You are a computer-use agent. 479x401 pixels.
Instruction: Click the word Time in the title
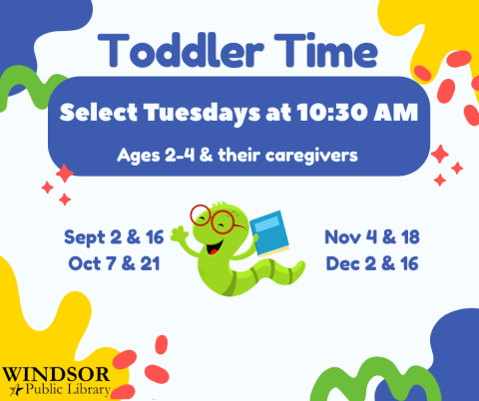coord(323,50)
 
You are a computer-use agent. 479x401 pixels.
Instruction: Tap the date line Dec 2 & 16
coord(370,264)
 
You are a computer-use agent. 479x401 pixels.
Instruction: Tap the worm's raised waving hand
coord(180,237)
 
